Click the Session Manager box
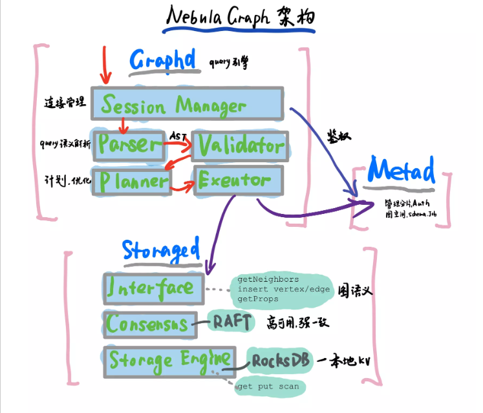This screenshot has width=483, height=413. pos(186,105)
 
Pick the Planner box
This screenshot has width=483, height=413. pos(132,182)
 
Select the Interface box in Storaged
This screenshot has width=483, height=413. pos(153,287)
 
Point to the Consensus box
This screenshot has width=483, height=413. pos(149,323)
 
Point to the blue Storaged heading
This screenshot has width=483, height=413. pos(161,249)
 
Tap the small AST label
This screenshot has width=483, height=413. pos(178,136)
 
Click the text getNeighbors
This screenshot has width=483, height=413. pos(268,279)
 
